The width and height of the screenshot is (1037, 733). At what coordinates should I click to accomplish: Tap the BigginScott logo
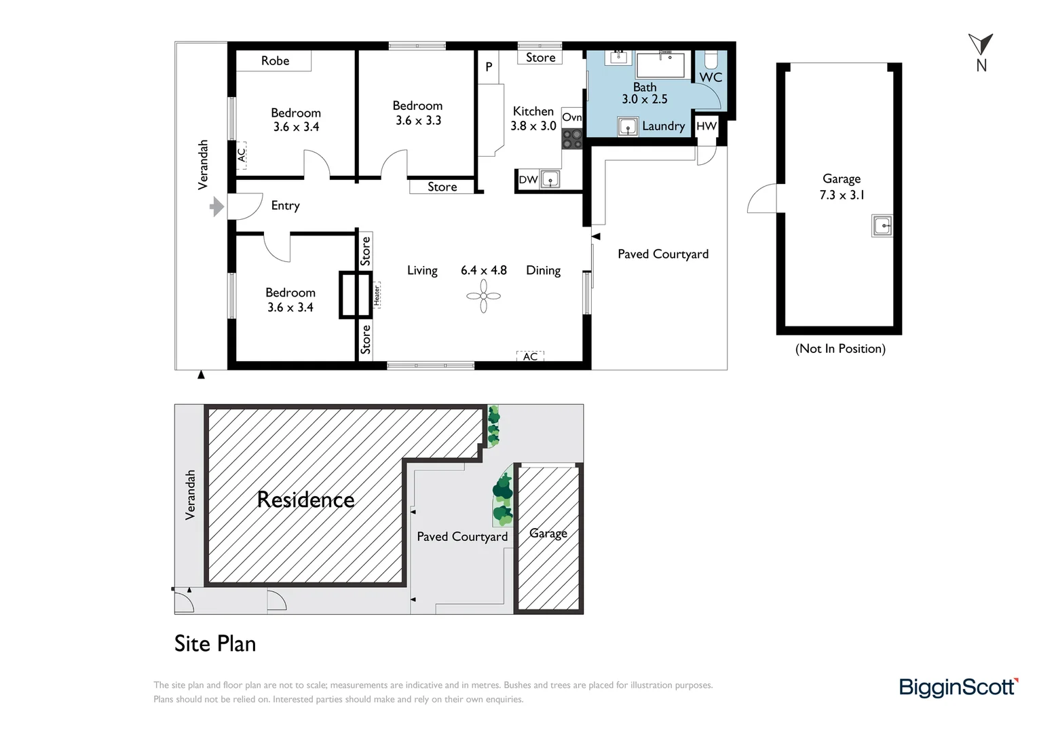(958, 687)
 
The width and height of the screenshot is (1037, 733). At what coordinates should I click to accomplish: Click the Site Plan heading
(215, 643)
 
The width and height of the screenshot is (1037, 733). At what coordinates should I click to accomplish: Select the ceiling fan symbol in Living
(483, 296)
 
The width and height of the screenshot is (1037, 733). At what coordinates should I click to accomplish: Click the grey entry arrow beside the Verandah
(216, 206)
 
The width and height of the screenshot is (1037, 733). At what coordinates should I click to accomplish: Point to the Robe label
(275, 61)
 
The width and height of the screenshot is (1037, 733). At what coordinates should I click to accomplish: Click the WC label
(711, 77)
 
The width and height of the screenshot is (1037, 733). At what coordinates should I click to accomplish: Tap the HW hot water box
(706, 126)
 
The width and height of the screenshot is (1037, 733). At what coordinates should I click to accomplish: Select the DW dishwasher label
(528, 180)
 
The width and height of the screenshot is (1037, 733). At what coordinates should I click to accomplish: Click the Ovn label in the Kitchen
(571, 117)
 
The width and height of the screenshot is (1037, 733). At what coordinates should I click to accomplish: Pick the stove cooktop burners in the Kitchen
(571, 139)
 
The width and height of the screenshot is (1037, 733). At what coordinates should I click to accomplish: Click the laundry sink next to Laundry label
(628, 127)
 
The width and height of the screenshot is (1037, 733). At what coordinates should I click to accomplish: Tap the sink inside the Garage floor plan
(882, 226)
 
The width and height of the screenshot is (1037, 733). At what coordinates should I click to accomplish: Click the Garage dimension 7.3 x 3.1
(842, 195)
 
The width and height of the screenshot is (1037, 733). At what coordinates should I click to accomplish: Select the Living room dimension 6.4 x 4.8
(483, 270)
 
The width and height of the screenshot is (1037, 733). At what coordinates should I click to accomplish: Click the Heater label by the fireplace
(377, 295)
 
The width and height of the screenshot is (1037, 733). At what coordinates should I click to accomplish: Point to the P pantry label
(489, 67)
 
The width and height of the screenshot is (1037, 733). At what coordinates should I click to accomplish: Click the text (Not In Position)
(840, 349)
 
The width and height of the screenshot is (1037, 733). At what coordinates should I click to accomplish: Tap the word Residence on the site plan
(305, 500)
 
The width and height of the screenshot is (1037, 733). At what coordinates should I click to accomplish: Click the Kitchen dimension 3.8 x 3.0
(533, 126)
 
